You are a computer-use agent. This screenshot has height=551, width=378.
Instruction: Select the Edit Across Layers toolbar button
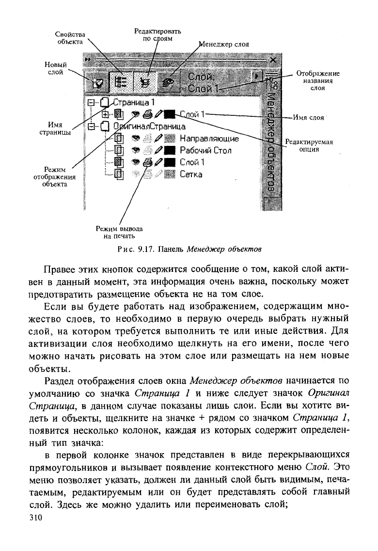[x=145, y=82]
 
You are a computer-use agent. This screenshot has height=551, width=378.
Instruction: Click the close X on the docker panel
[x=273, y=61]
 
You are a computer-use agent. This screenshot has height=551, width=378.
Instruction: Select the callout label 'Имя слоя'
[x=310, y=117]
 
